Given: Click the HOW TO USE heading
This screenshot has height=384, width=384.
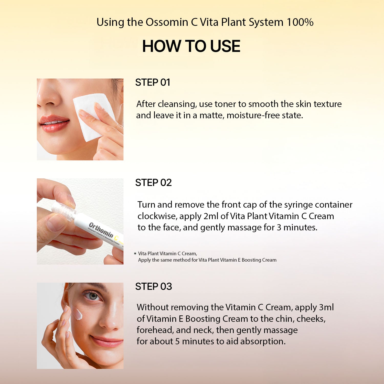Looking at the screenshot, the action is [x=191, y=46].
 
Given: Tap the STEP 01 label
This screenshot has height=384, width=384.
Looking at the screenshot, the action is [x=153, y=82].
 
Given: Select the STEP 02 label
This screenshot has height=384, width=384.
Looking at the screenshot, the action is [x=153, y=183].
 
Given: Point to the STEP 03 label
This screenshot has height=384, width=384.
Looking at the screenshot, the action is [x=154, y=286].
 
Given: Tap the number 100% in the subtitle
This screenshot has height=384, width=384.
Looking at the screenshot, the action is [x=300, y=22].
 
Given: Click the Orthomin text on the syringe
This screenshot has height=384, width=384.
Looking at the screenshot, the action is [x=101, y=230].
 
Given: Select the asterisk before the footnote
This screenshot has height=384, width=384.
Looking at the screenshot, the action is [x=135, y=254].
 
